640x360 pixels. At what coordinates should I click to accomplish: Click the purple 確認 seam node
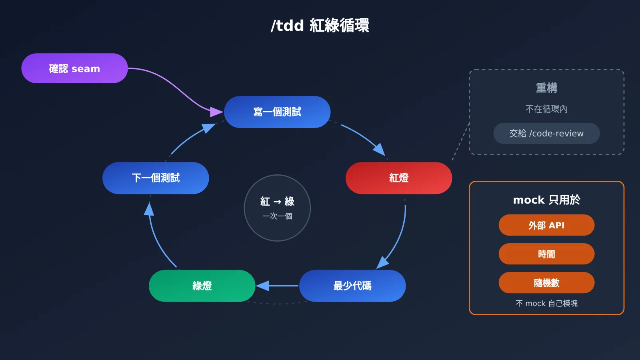pos(74,68)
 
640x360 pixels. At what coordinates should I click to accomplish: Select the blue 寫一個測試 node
pos(277,112)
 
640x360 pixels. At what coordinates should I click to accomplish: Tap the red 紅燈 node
pos(399,178)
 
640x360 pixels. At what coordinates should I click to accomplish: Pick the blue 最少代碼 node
pos(352,286)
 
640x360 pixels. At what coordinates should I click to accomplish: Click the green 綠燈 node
pos(202,286)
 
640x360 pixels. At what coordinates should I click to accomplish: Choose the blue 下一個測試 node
pos(156,178)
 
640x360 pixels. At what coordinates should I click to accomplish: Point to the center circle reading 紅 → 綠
pos(277,208)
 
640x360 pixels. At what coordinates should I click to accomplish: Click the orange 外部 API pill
pos(546,225)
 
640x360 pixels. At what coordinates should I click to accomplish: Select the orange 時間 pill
pos(546,254)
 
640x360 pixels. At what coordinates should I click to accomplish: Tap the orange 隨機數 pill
pos(546,283)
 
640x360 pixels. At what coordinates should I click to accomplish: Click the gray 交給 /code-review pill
pos(546,134)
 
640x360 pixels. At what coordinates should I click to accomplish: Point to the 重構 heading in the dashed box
pos(546,88)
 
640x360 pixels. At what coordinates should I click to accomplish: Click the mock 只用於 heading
pos(546,200)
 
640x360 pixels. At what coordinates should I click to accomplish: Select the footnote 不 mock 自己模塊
pos(546,304)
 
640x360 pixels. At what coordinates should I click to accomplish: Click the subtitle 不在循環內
pos(546,109)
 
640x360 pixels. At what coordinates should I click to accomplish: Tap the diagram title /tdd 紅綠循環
pos(320,26)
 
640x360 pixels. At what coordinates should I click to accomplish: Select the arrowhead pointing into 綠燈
pos(262,286)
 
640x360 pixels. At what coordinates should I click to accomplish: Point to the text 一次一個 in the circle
pos(277,216)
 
